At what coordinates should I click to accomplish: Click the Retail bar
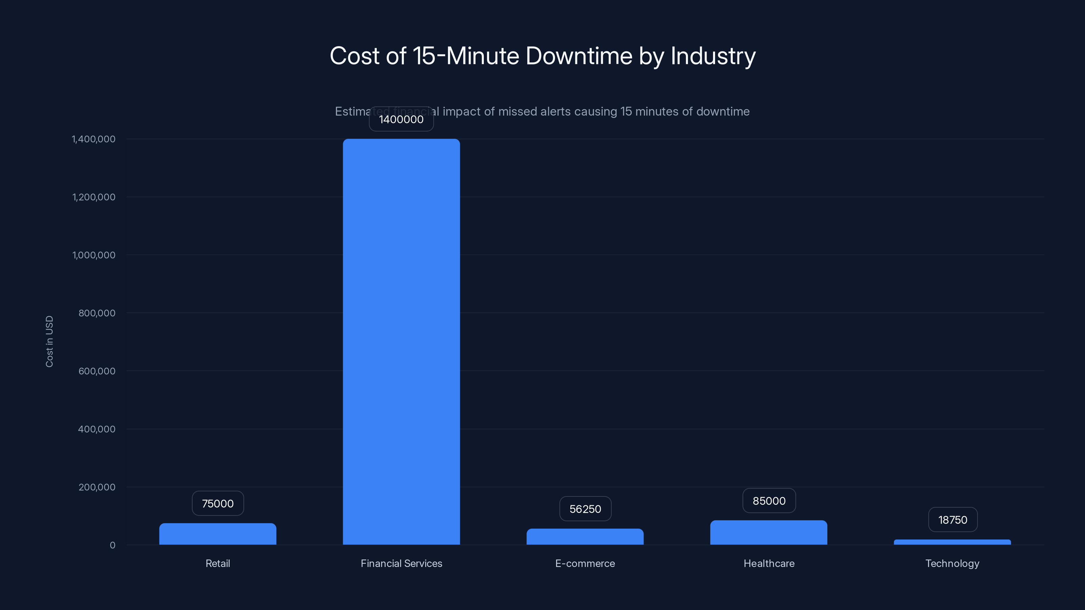click(x=217, y=534)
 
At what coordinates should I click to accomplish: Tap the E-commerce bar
click(x=585, y=537)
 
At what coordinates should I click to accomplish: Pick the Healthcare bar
click(x=768, y=532)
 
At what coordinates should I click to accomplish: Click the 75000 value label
click(x=218, y=504)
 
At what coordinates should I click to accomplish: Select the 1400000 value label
click(x=401, y=120)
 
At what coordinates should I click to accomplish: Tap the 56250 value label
click(x=585, y=509)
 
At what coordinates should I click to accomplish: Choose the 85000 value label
click(x=769, y=501)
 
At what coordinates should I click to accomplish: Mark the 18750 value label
click(x=952, y=520)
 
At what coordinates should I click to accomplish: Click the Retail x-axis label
click(x=218, y=563)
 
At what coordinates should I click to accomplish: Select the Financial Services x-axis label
click(x=401, y=563)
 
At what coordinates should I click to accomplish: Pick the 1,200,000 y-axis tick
click(x=94, y=197)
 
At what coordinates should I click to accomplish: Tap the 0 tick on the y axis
click(x=112, y=545)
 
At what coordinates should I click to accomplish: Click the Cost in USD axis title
click(x=49, y=341)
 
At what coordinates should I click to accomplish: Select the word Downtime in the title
click(x=579, y=56)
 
